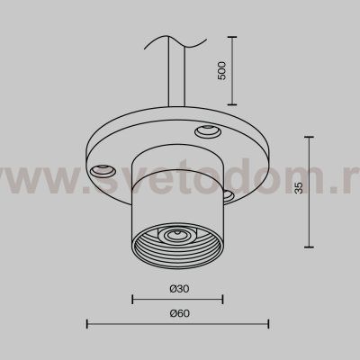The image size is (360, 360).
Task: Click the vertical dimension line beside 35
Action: (x=310, y=191)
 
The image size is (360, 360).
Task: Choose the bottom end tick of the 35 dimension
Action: (x=310, y=246)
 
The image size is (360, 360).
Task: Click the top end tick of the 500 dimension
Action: (x=235, y=36)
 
